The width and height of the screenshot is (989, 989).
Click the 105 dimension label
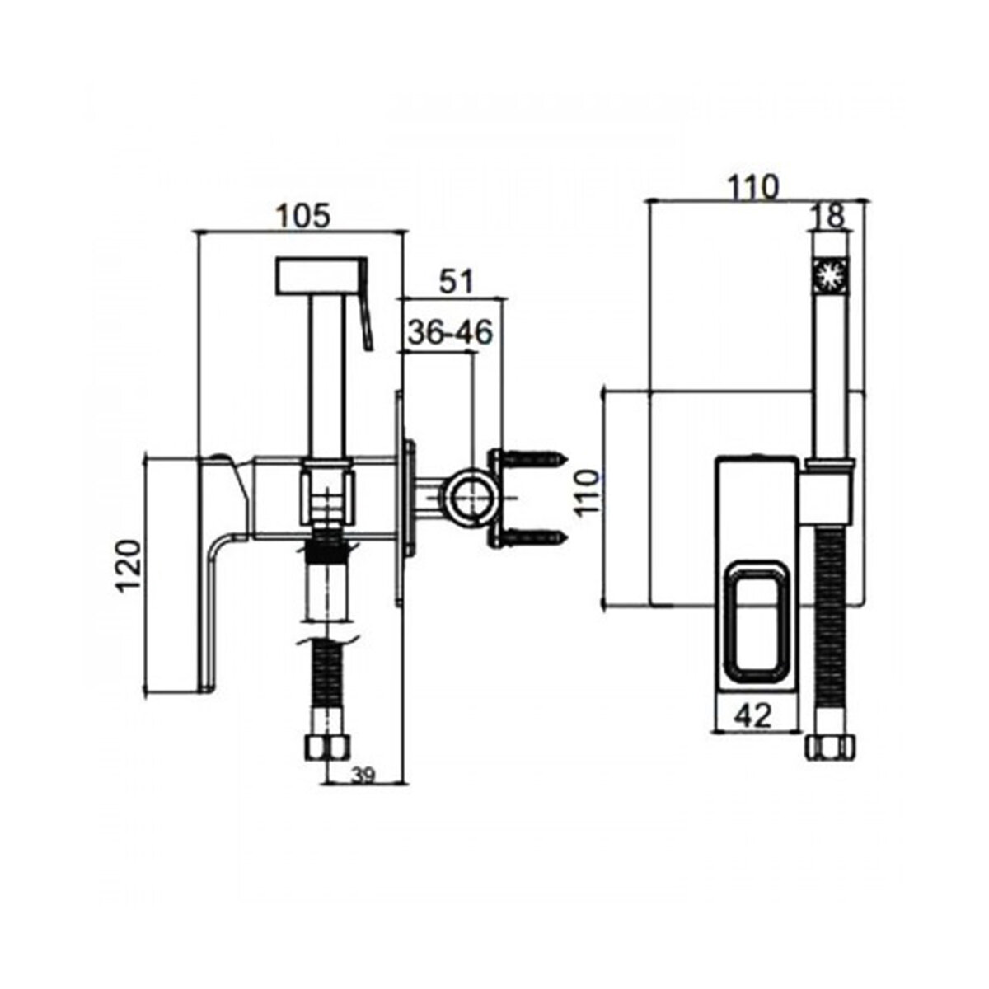pos(304,216)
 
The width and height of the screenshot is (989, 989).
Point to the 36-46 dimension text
pos(450,333)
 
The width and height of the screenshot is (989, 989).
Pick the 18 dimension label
pos(827,217)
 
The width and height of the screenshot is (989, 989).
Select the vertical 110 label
pos(587,493)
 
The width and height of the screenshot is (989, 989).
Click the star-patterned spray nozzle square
pos(830,275)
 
